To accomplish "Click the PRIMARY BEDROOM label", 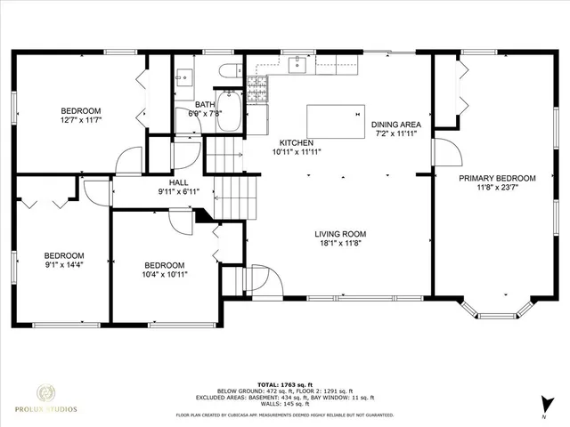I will (494, 178).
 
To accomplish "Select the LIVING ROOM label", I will (340, 234).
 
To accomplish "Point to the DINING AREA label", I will (395, 124).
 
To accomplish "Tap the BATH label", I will (203, 104).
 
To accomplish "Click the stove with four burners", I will (256, 86).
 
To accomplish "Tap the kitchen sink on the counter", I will (298, 64).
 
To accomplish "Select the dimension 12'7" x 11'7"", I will (81, 119).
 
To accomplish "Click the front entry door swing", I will (267, 283).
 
